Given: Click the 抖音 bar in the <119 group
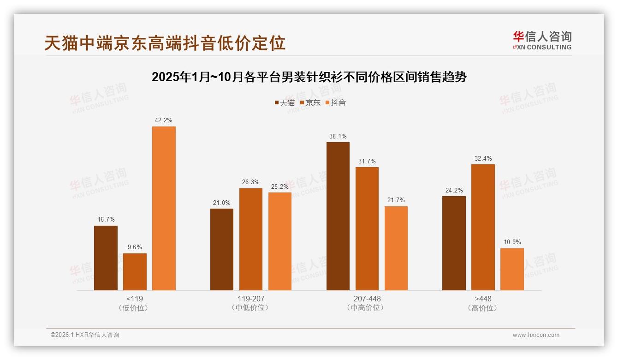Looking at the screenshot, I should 164,208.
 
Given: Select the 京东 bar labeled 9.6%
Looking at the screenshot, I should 135,272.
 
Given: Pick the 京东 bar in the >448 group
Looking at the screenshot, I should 483,227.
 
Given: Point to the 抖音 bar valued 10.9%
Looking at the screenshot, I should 512,269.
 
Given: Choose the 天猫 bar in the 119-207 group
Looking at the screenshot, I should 222,249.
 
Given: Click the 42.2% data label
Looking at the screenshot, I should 164,120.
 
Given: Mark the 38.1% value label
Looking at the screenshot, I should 338,136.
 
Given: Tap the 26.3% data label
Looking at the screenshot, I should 250,182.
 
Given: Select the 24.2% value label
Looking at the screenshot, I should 454,190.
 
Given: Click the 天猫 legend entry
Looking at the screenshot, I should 285,103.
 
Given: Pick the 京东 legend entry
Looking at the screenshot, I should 310,103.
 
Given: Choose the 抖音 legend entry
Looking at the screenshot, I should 336,103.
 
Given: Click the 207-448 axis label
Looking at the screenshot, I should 367,299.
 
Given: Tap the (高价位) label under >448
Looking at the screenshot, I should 483,308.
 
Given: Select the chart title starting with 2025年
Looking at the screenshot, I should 309,77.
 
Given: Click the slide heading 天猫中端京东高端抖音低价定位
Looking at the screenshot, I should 165,43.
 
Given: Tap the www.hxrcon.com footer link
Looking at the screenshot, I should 536,335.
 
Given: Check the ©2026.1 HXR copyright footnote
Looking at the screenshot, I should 85,335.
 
